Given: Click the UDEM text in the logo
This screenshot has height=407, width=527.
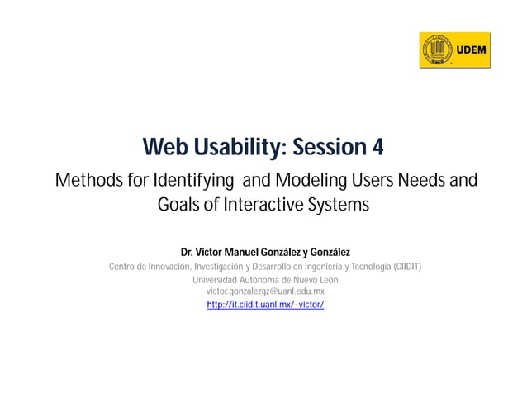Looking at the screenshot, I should pos(471,50).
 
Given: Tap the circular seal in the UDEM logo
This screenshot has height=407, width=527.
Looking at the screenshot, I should pos(438,50).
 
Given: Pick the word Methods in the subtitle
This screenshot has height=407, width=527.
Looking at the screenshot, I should pos(84,180).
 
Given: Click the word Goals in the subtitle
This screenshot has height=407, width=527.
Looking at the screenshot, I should pos(178,205).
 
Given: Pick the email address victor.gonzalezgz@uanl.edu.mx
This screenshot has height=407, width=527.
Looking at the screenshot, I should pos(264,291).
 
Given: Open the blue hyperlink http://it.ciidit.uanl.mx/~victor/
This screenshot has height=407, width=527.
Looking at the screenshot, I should pos(264,305).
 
